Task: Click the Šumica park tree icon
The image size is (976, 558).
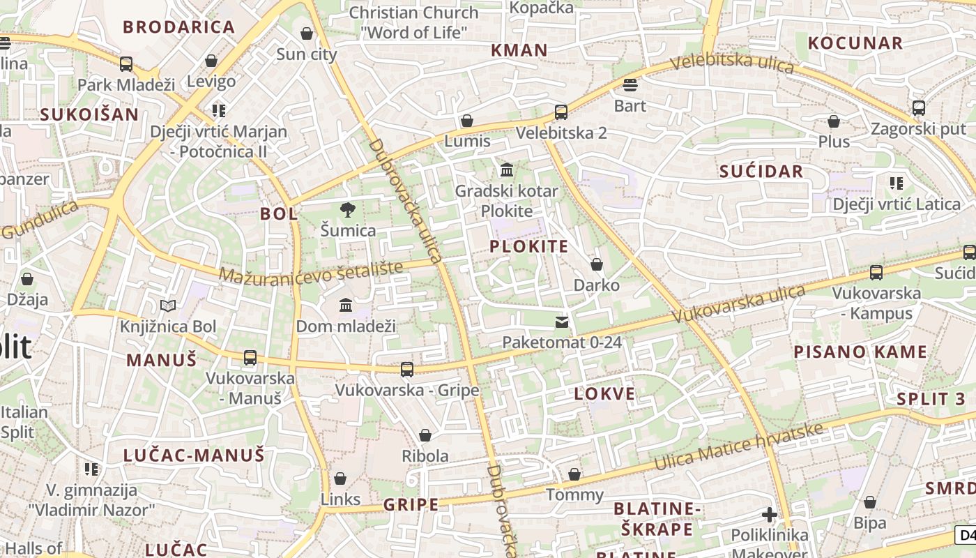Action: (347, 209)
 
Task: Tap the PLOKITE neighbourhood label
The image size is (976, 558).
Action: (528, 246)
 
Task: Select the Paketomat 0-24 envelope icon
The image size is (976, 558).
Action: (561, 322)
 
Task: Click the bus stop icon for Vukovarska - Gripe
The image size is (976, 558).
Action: (407, 369)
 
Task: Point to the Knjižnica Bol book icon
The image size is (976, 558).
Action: (168, 306)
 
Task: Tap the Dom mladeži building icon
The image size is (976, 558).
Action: (346, 306)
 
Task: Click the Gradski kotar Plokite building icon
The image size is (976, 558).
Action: (507, 170)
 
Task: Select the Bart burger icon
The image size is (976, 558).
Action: (630, 85)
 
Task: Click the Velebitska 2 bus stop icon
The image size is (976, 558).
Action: (561, 112)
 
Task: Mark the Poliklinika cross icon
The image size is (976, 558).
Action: (770, 515)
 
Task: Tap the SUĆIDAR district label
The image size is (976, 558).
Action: (761, 172)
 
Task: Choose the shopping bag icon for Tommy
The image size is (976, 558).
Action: (574, 474)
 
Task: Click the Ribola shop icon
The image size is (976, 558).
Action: (425, 435)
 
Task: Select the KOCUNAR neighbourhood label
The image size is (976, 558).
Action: (855, 43)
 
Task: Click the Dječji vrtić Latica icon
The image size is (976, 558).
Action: (897, 183)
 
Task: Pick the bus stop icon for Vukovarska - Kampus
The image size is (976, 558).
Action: (876, 273)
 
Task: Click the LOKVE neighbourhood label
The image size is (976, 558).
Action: (604, 394)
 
